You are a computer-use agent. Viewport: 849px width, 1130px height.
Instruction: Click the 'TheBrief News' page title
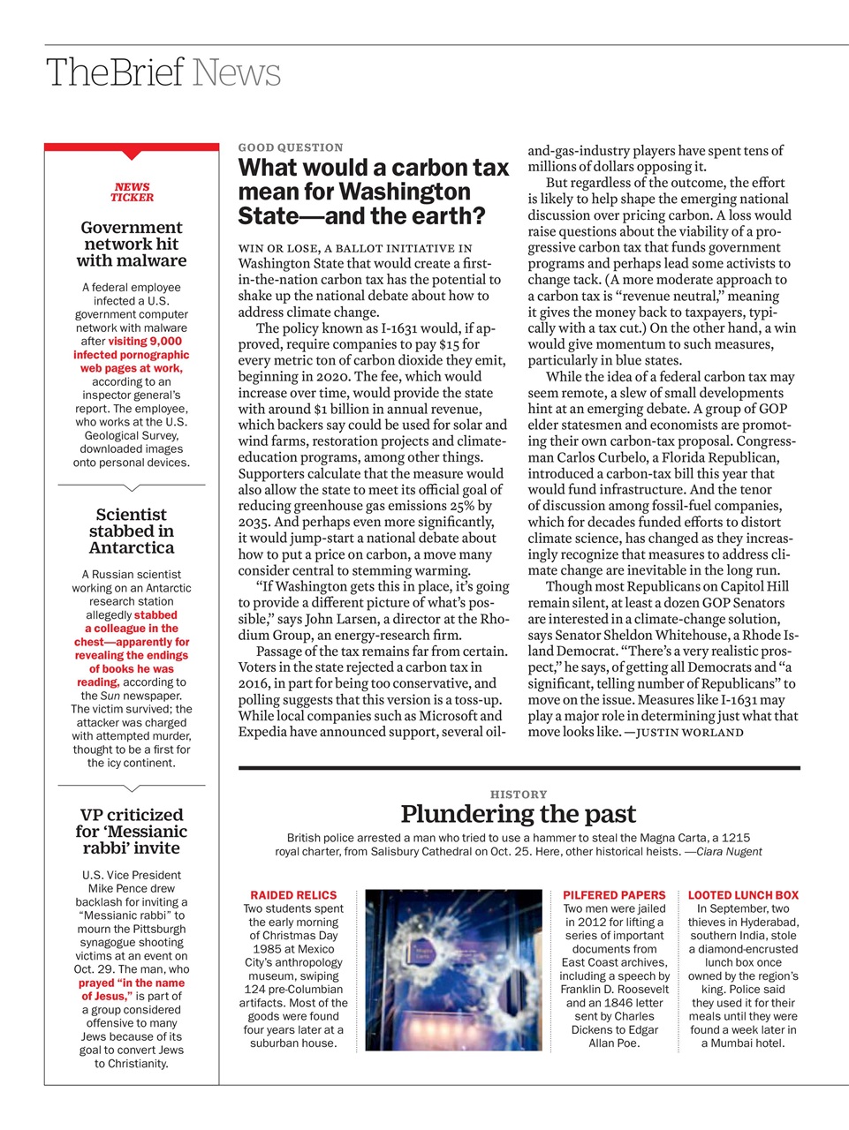click(x=163, y=72)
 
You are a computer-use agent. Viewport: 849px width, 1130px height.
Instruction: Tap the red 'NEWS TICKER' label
click(x=132, y=192)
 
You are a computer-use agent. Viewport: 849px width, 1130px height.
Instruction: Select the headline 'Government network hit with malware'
click(x=132, y=244)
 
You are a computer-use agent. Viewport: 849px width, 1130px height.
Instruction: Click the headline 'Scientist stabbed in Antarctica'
click(x=132, y=531)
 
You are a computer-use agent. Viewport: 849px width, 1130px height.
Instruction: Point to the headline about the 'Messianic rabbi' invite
click(x=132, y=831)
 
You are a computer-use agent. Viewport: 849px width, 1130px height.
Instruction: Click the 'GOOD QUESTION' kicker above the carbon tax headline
click(x=291, y=147)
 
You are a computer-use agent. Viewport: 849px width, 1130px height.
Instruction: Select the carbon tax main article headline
click(x=373, y=192)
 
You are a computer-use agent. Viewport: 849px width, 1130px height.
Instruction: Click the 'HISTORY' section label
click(x=519, y=795)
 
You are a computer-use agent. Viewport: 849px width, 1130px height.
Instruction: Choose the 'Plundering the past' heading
click(x=519, y=814)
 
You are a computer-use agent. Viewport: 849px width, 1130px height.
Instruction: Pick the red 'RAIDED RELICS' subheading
click(x=293, y=895)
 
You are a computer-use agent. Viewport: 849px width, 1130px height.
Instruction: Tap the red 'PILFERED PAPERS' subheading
click(x=614, y=895)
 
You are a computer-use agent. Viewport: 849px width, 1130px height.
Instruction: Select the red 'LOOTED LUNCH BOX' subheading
click(x=743, y=895)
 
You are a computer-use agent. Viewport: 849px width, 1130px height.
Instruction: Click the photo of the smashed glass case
click(x=453, y=969)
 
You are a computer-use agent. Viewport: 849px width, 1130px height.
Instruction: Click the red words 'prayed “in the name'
click(x=132, y=983)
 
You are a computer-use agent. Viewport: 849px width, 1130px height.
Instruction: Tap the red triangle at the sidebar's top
click(x=132, y=155)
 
